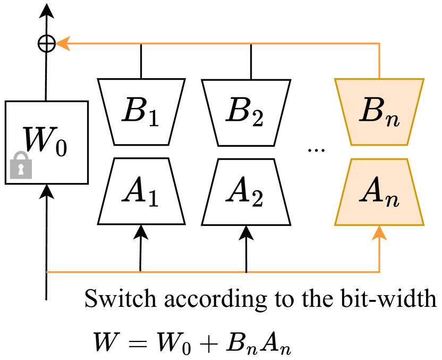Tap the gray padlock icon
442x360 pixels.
pos(21,165)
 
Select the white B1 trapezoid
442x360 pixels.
pos(141,112)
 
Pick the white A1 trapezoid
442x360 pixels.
pos(141,191)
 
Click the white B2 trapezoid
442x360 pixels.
pos(246,112)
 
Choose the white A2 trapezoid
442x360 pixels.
pos(246,192)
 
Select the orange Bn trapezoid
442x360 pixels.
pos(379,112)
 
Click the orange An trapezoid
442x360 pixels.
pos(379,192)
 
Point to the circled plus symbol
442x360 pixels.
pos(47,44)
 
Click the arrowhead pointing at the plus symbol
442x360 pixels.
pos(62,44)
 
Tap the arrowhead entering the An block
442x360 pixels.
pos(379,232)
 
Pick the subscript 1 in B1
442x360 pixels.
pos(153,120)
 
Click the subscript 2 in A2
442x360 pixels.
pos(257,199)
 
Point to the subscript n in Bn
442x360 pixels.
pos(393,120)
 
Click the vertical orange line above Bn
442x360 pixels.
pos(379,61)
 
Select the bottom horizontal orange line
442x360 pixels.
pos(212,272)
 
